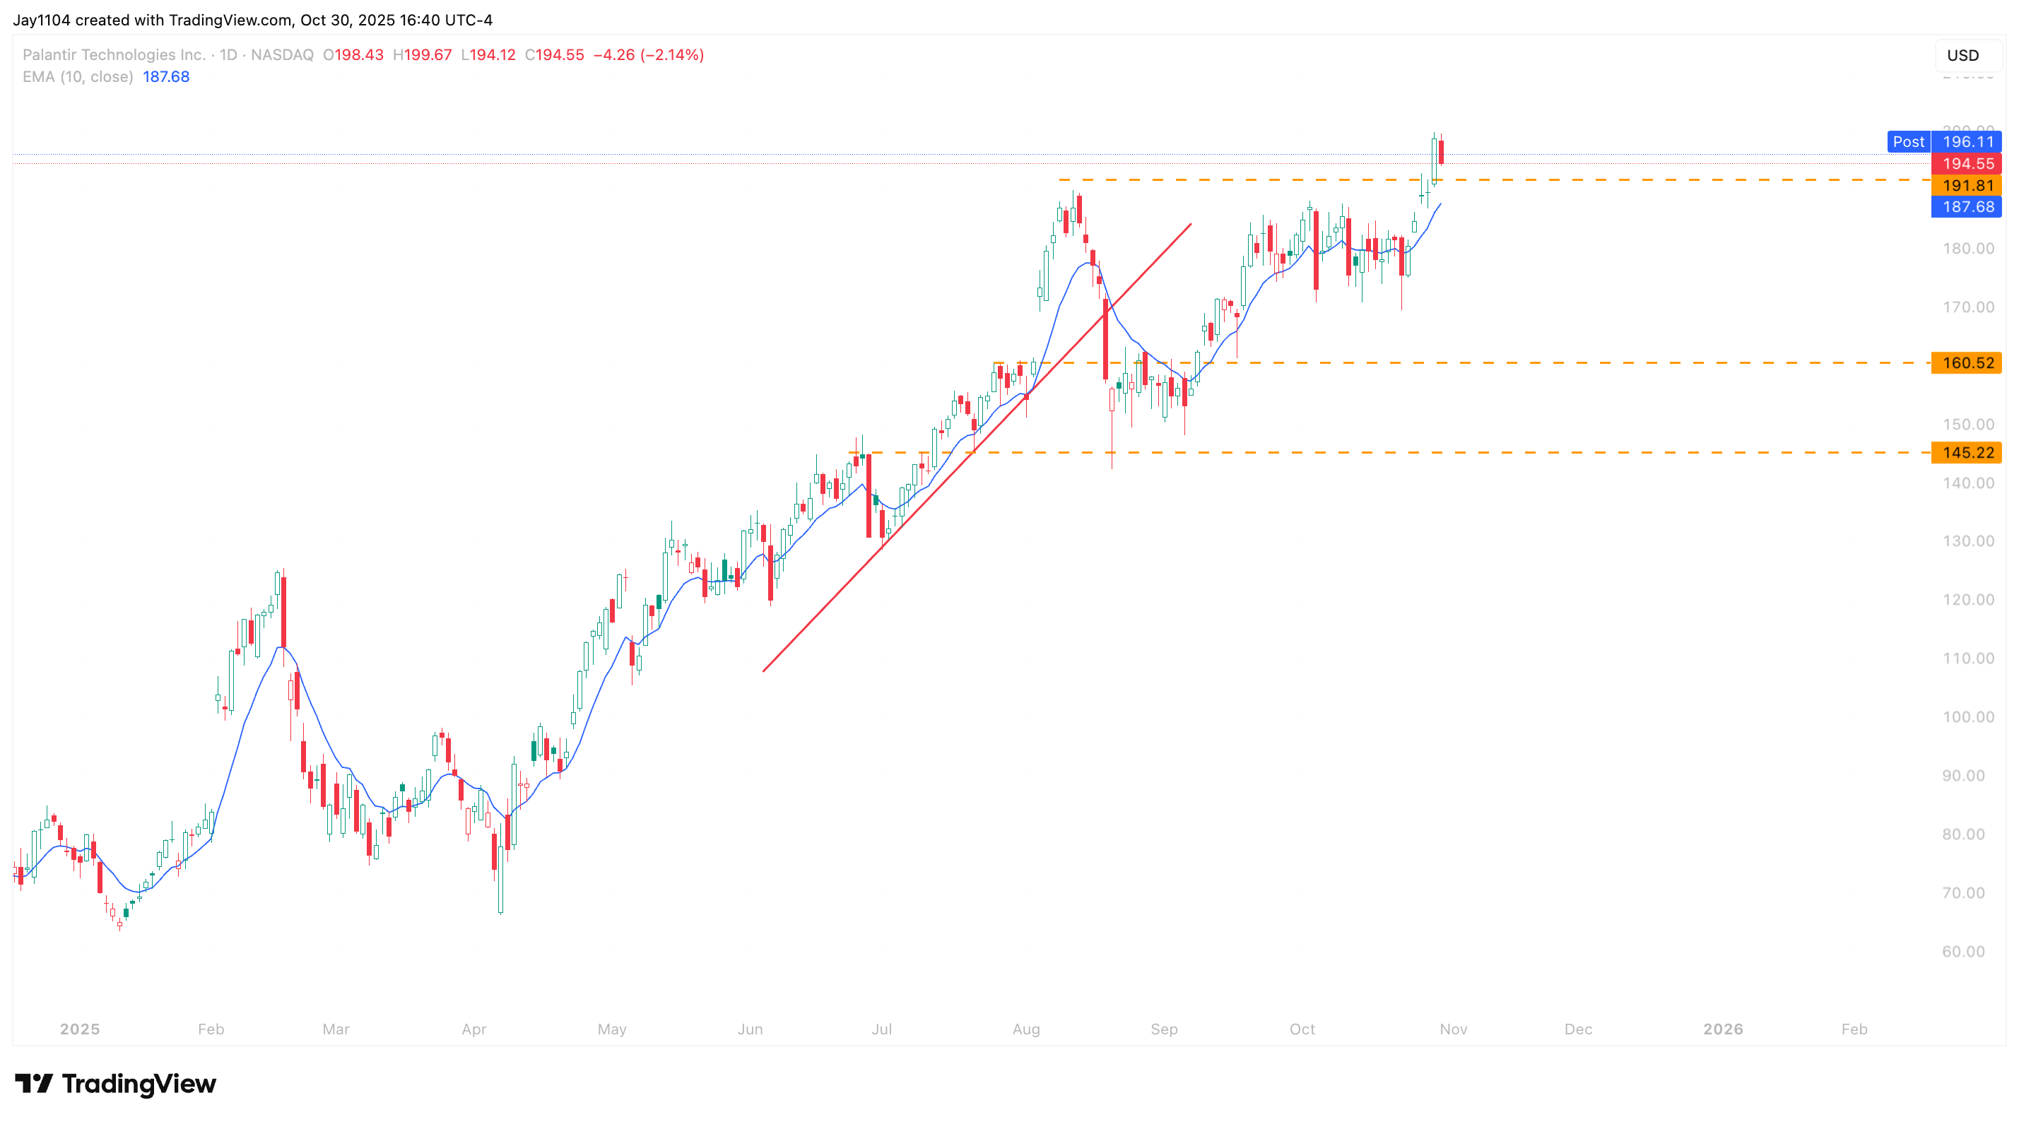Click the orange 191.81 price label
tap(1967, 186)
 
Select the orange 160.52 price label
tap(1967, 362)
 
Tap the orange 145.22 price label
tap(1967, 453)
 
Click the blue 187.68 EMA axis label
tap(1967, 207)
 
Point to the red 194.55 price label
tap(1967, 164)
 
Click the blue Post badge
tap(1908, 142)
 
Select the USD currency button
tap(1962, 56)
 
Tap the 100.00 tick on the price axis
tap(1968, 717)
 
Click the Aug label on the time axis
tap(1026, 1029)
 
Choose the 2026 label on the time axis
tap(1723, 1029)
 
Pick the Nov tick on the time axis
tap(1453, 1029)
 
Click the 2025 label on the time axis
tap(80, 1029)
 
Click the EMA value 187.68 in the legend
tap(166, 77)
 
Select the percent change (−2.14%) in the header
tap(671, 55)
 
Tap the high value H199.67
tap(423, 55)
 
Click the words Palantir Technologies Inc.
tap(114, 55)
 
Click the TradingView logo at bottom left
tap(115, 1084)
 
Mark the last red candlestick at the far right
tap(1440, 151)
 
